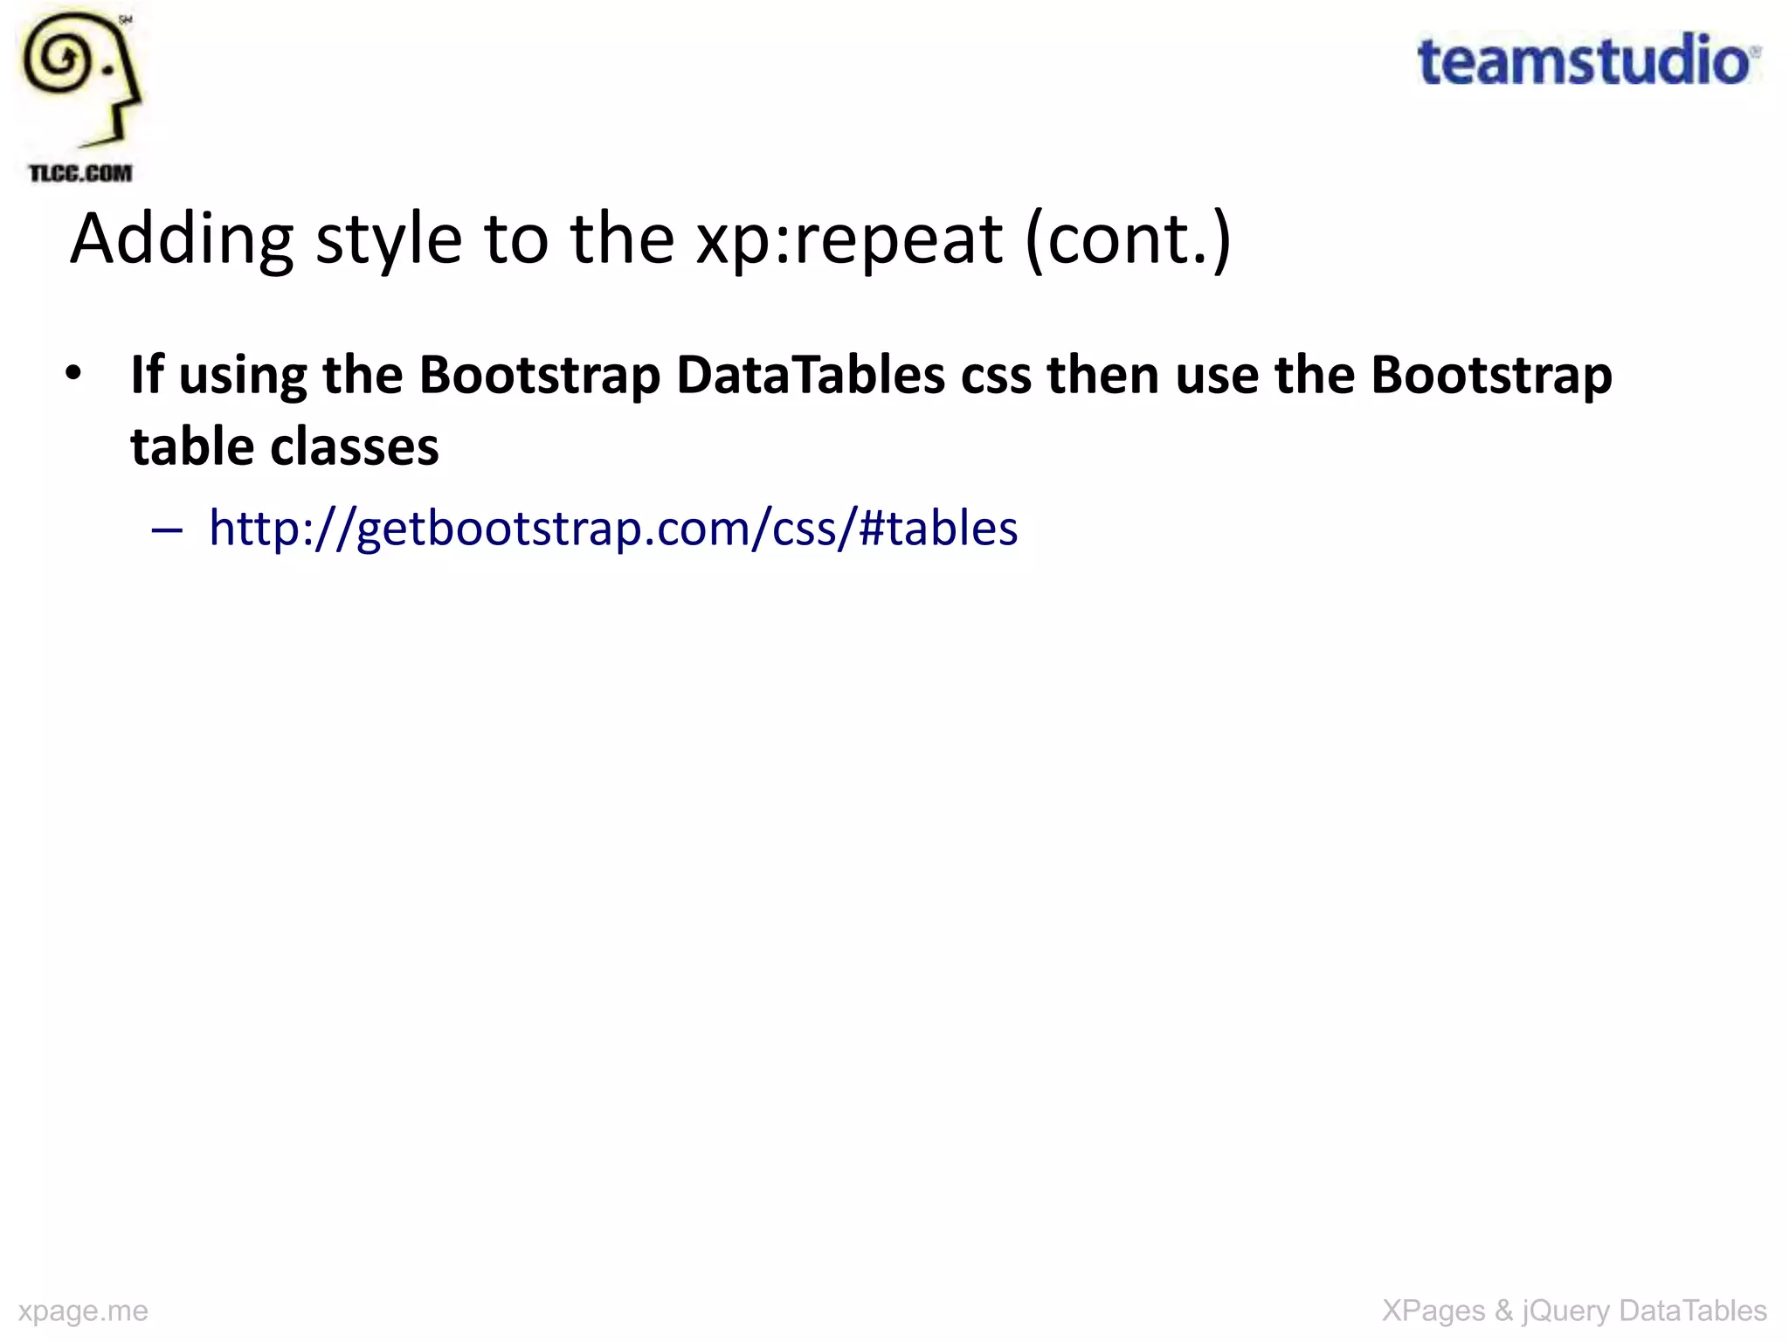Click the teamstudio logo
pyautogui.click(x=1587, y=61)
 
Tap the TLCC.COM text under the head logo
pyautogui.click(x=80, y=173)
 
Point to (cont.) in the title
pyautogui.click(x=1128, y=239)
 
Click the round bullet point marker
pyautogui.click(x=73, y=374)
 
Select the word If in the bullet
pyautogui.click(x=147, y=375)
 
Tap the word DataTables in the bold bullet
pyautogui.click(x=811, y=375)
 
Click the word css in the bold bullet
pyautogui.click(x=996, y=377)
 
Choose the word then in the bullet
pyautogui.click(x=1102, y=375)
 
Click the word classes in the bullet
pyautogui.click(x=355, y=446)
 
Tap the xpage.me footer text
pyautogui.click(x=83, y=1311)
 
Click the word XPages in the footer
pyautogui.click(x=1433, y=1311)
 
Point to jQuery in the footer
pyautogui.click(x=1566, y=1311)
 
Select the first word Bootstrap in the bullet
pyautogui.click(x=539, y=375)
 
